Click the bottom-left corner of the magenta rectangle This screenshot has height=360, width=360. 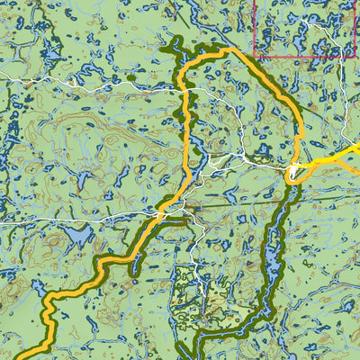(254, 58)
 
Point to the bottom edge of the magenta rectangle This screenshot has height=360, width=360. (306, 58)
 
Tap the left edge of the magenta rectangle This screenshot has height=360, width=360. (254, 27)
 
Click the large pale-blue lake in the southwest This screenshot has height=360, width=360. (76, 236)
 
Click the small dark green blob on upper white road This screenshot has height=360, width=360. (131, 77)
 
